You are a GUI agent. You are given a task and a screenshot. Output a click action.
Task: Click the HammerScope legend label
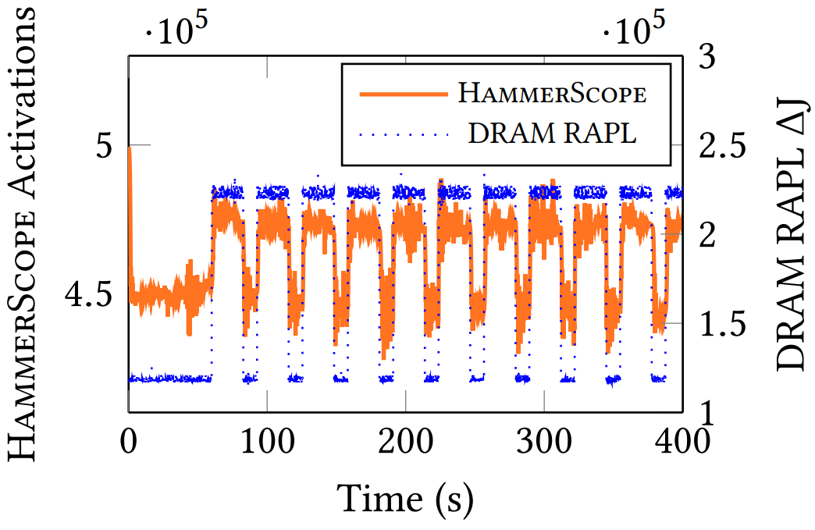(553, 94)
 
